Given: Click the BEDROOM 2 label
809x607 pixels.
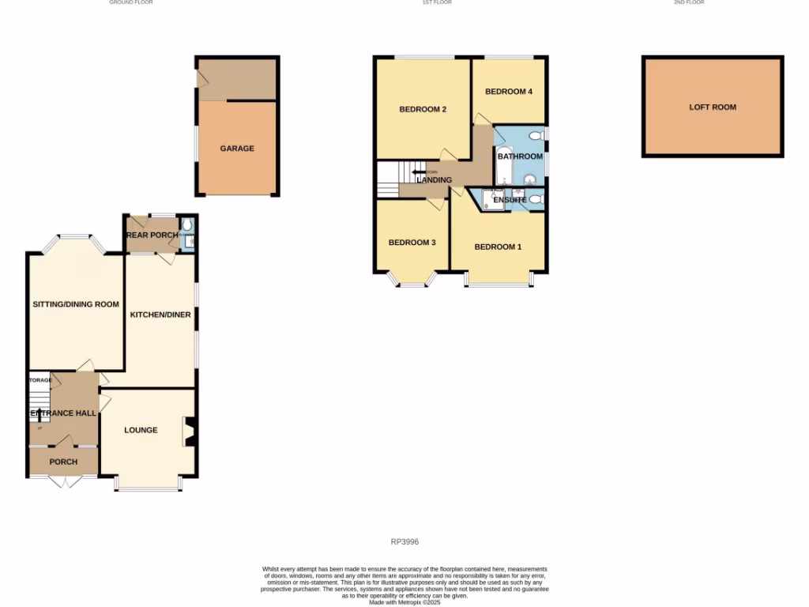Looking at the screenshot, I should tap(423, 109).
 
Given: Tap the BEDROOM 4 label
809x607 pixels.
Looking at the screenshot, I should tap(508, 92).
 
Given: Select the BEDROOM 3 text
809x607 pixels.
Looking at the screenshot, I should tap(412, 243).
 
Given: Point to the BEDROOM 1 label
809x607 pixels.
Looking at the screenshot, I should tap(498, 247).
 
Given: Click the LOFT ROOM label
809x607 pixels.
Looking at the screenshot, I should tap(713, 107).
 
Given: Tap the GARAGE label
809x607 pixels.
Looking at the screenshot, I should tap(237, 148).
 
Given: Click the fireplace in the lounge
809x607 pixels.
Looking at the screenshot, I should tap(190, 431).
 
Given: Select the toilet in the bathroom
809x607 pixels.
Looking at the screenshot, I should tap(536, 134).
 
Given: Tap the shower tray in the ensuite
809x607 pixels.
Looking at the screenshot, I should tap(493, 199).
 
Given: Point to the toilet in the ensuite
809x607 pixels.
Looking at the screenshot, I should tap(536, 200).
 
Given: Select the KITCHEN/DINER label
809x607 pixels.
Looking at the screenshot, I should tap(160, 315).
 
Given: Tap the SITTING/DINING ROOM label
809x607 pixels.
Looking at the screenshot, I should tap(76, 304).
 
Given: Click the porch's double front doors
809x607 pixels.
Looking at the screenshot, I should tap(63, 480).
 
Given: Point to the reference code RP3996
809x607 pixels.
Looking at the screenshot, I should tap(404, 542).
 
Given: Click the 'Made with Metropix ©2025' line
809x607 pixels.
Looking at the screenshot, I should tap(404, 601).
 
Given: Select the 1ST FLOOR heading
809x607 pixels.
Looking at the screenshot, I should tap(437, 2).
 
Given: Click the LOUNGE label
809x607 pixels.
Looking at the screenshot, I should tap(141, 430).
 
